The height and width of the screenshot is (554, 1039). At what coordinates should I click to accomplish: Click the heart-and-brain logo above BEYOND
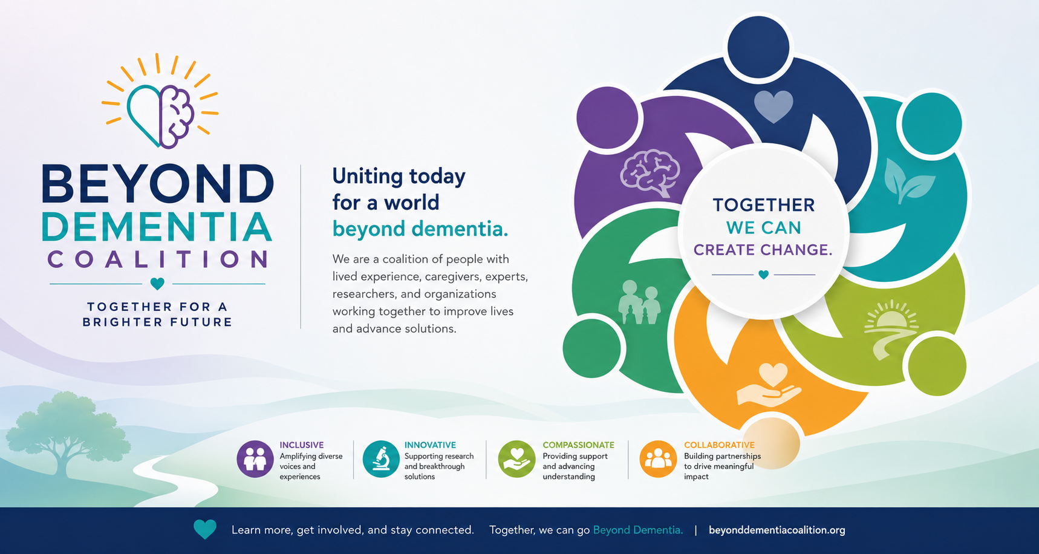[160, 103]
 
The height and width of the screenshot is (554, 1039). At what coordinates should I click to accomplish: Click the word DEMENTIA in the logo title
[157, 227]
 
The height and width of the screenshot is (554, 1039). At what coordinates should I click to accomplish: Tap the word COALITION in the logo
[158, 260]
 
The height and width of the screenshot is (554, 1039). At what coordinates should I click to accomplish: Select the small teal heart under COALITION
[157, 283]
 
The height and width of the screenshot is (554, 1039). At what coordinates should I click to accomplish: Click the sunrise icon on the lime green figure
[891, 330]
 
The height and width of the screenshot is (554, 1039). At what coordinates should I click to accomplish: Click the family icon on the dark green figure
[639, 302]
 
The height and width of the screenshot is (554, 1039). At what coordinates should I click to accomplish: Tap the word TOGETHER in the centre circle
[763, 205]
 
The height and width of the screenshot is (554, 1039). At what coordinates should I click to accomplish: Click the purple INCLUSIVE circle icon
[255, 459]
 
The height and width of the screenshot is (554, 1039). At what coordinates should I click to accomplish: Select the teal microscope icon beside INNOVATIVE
[381, 459]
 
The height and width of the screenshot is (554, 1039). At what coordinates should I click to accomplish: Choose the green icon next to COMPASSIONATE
[516, 459]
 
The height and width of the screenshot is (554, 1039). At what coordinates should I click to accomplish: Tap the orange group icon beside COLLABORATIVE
[658, 459]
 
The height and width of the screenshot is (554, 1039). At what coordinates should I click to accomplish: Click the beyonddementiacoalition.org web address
[777, 530]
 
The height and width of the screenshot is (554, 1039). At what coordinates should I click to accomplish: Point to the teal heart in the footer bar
[205, 529]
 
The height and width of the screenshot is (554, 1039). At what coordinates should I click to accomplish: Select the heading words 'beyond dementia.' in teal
[420, 229]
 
